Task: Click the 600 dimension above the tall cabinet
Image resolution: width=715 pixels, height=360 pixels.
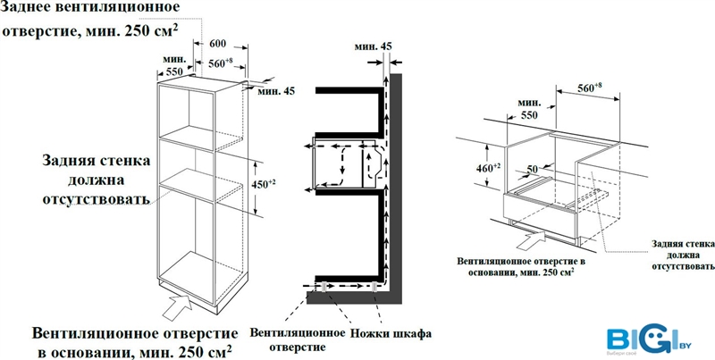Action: coord(216,44)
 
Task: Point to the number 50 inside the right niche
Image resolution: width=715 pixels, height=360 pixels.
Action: coord(531,168)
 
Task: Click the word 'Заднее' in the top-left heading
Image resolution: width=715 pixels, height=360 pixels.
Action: coord(32,8)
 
